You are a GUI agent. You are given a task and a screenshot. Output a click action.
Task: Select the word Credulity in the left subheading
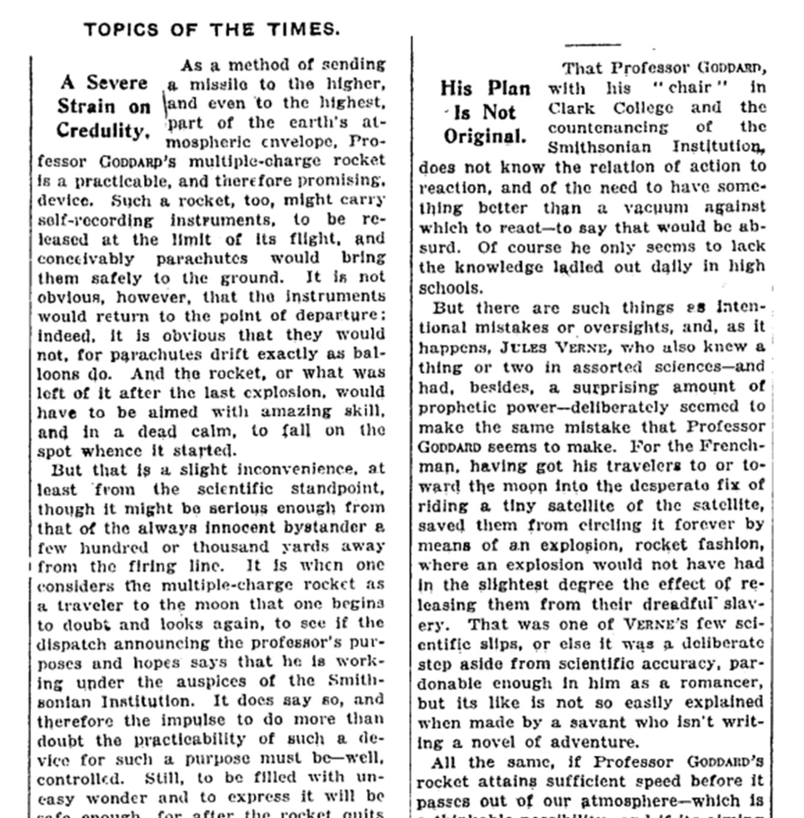point(102,130)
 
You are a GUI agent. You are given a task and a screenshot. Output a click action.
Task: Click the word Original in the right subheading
point(484,136)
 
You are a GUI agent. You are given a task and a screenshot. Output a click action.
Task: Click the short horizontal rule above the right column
point(592,44)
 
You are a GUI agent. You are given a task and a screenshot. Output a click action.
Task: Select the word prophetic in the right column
point(455,407)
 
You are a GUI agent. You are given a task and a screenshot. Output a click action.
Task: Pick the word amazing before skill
point(296,411)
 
